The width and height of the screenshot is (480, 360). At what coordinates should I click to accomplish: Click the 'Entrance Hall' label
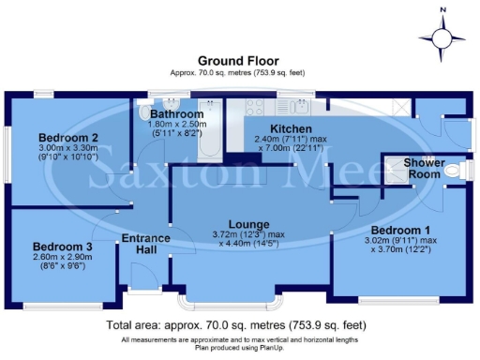145,245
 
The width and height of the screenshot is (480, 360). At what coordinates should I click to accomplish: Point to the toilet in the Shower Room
456,170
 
